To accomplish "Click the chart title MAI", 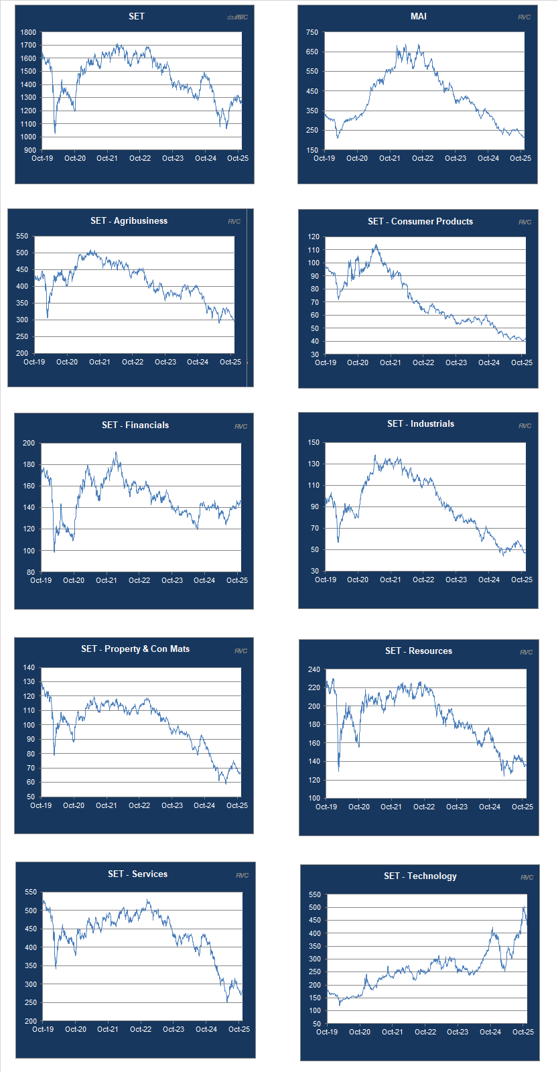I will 418,16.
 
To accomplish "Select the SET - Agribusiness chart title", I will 129,220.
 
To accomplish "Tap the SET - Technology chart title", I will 420,876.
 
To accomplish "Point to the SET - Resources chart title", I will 418,651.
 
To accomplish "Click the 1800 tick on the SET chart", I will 28,32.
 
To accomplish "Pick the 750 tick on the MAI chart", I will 311,32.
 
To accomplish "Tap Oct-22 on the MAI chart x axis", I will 422,158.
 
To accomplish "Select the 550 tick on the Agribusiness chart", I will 21,236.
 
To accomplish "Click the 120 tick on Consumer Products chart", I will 313,237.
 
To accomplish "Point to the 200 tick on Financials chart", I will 28,443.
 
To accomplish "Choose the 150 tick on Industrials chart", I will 313,442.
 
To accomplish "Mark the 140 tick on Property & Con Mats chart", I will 28,667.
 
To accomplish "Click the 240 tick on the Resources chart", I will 313,669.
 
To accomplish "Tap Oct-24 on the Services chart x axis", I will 206,1029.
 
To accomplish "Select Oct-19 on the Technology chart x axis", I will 326,1032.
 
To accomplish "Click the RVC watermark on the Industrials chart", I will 525,425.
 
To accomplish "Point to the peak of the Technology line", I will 524,907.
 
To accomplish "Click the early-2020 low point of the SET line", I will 55,133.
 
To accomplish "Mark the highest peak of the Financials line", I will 115,452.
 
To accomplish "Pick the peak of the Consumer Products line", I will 376,245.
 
